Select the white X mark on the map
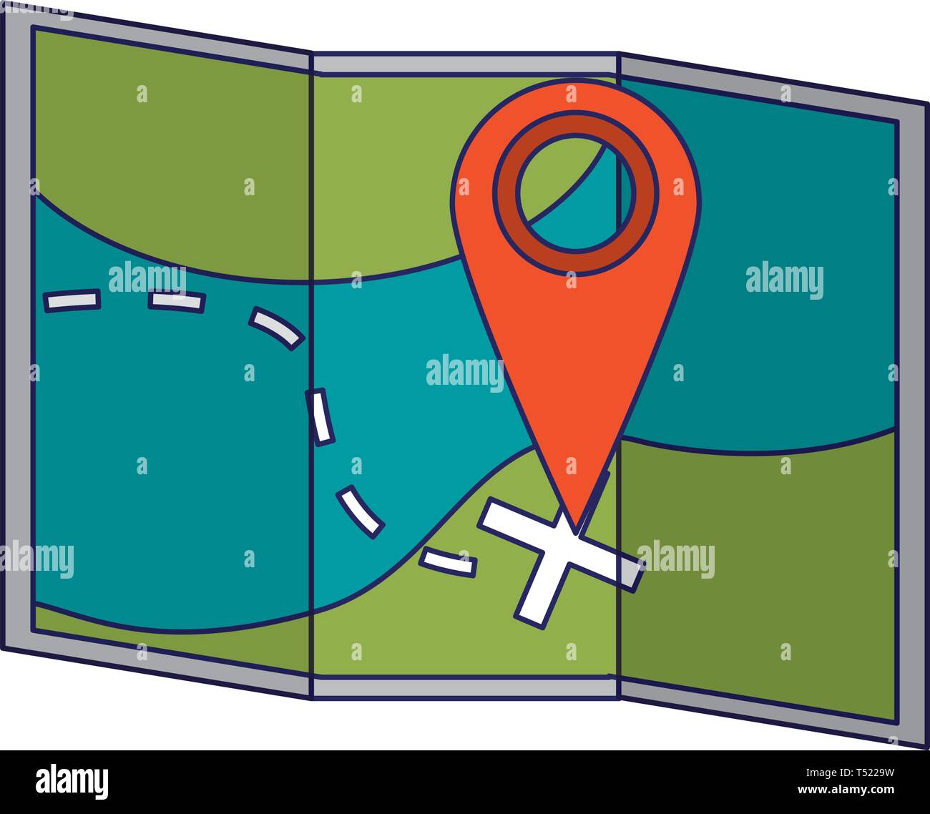click(558, 558)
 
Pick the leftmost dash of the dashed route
click(72, 300)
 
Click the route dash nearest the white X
click(449, 562)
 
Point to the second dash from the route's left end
click(176, 300)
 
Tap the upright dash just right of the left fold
click(320, 416)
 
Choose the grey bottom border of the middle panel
click(465, 688)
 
